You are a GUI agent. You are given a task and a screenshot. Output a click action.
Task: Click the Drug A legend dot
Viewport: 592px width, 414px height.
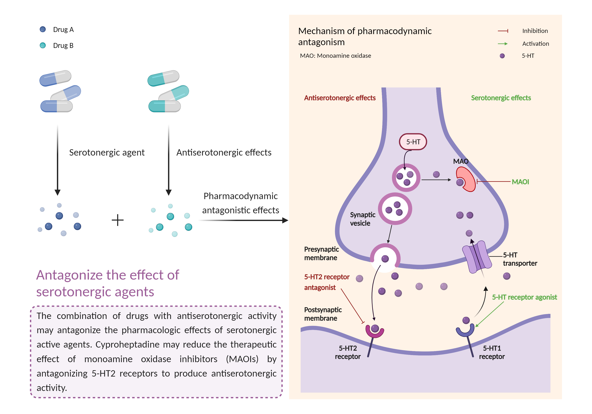coord(43,29)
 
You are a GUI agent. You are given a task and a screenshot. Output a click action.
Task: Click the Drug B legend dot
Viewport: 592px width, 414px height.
coord(43,45)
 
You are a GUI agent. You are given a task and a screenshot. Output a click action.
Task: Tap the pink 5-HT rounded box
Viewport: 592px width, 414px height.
coord(413,142)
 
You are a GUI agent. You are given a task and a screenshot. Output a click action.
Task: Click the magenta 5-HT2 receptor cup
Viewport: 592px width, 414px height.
coord(375,332)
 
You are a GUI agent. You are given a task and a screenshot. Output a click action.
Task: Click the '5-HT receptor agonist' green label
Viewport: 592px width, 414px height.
coord(524,297)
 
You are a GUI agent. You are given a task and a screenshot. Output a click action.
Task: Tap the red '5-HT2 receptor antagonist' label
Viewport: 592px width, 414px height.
coord(326,282)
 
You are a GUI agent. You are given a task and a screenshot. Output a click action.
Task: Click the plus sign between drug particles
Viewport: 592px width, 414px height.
coord(118,220)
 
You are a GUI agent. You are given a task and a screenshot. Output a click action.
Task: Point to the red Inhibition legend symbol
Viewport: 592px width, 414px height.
coord(503,31)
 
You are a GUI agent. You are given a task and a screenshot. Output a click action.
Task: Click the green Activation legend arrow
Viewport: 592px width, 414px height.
coord(503,44)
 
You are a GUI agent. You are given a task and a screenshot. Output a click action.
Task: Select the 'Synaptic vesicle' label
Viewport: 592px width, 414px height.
coord(362,219)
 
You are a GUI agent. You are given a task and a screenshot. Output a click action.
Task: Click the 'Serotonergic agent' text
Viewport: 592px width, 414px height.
coord(107,153)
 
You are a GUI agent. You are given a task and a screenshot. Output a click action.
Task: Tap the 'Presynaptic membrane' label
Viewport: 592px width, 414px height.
coord(321,254)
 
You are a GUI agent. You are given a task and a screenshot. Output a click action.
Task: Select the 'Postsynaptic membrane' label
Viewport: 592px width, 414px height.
coord(323,314)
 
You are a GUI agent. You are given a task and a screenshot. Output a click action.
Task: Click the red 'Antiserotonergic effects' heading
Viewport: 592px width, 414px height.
coord(340,98)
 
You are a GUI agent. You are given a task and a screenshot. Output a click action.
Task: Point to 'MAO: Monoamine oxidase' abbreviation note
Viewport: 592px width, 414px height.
coord(335,56)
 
